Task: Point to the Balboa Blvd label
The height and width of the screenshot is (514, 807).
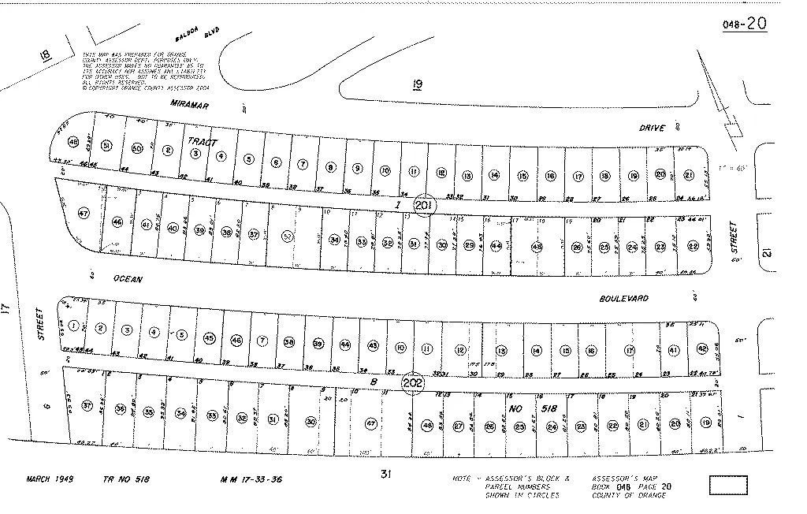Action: [197, 35]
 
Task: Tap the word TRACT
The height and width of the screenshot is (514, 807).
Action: [200, 140]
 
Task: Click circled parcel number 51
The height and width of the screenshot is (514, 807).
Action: [107, 144]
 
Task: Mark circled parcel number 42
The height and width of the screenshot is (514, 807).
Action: [702, 349]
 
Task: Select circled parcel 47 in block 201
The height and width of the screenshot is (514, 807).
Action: [84, 213]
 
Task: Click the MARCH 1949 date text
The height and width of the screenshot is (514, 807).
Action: [49, 479]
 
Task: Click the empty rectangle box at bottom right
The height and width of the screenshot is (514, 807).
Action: [727, 485]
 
